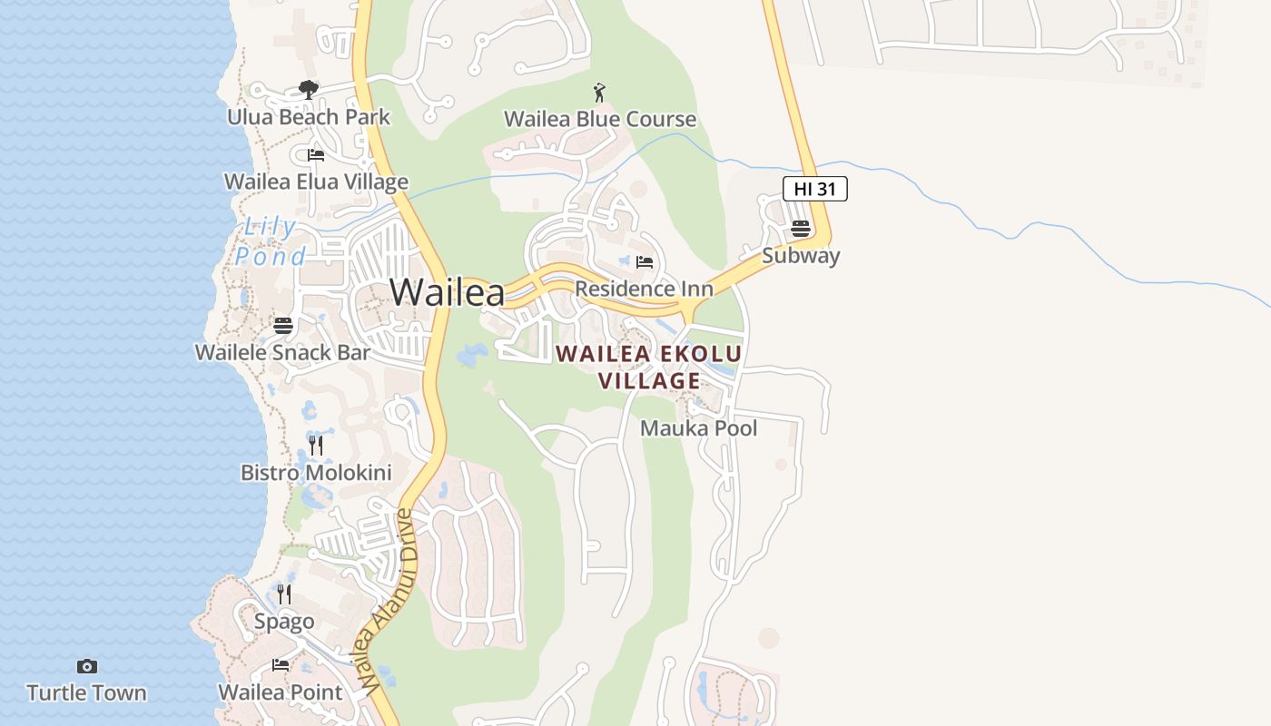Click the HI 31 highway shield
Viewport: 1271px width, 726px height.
[814, 189]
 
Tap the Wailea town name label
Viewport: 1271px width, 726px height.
[447, 292]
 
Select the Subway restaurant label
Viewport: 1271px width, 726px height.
[800, 256]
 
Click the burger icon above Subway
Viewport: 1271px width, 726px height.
[800, 229]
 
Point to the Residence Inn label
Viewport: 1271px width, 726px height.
[644, 289]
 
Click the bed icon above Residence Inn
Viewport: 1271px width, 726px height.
[645, 262]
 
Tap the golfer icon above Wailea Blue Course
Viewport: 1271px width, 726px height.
[598, 93]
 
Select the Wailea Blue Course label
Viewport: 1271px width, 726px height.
[599, 119]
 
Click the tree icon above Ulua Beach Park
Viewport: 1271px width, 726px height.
[309, 90]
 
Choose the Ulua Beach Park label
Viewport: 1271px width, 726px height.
[309, 117]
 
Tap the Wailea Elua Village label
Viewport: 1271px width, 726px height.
[316, 181]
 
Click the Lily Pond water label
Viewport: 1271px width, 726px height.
[271, 241]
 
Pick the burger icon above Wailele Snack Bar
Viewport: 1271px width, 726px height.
[283, 325]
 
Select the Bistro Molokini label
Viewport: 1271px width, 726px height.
[316, 473]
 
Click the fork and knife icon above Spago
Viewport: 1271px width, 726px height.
[284, 594]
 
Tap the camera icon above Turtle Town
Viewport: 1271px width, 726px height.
[86, 667]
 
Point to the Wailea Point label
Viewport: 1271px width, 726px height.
[280, 692]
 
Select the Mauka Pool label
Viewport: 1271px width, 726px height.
[698, 428]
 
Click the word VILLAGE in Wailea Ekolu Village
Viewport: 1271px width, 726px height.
[650, 380]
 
